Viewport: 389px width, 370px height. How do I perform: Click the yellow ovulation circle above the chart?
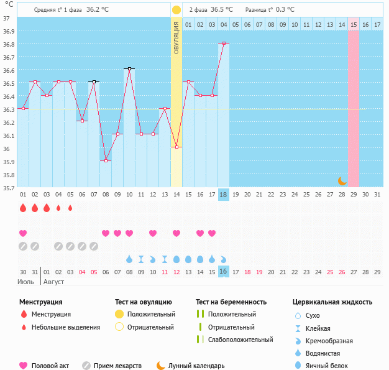176,10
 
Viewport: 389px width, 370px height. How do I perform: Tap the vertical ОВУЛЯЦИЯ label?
176,38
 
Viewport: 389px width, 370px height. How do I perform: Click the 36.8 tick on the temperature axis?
6,44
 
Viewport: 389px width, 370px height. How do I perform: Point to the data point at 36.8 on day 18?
224,44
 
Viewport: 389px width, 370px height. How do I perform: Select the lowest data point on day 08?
106,160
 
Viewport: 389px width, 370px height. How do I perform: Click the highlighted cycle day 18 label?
224,195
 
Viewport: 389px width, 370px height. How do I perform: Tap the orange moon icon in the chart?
342,180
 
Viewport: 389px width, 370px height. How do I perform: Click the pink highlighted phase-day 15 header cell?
353,24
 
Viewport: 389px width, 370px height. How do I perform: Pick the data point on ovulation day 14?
176,147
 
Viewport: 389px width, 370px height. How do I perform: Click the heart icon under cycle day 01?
23,233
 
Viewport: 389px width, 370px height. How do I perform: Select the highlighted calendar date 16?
224,272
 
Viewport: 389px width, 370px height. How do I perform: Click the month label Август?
53,282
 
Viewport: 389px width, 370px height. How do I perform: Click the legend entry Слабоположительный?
240,340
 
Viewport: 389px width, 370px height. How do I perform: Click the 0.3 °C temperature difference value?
285,10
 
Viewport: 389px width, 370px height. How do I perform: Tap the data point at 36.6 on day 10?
129,69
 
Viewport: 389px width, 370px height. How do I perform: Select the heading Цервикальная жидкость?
332,302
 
